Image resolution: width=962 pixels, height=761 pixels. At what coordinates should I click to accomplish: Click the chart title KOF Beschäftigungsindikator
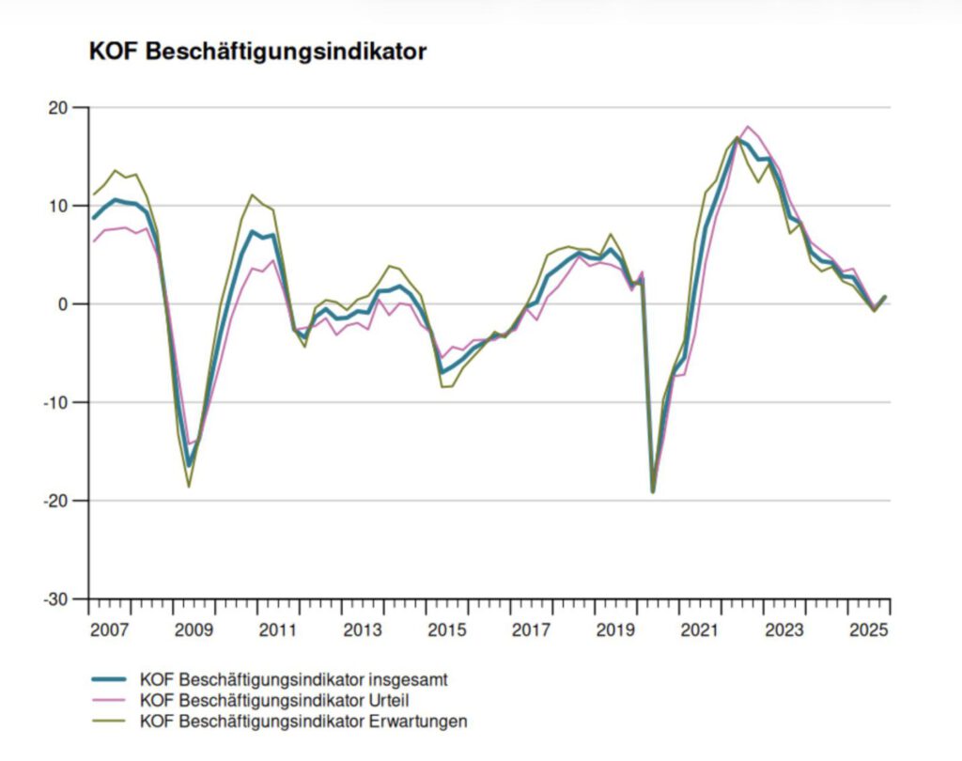coord(257,52)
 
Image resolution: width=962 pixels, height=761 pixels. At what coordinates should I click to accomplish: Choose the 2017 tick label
coord(530,629)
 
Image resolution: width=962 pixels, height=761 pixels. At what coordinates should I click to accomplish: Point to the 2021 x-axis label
coord(698,629)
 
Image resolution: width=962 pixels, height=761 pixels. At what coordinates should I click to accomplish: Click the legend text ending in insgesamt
coord(299,678)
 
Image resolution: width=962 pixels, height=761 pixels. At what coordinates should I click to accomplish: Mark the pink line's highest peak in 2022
coord(748,126)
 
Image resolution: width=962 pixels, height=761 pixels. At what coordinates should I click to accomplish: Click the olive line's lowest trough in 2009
coord(189,487)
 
